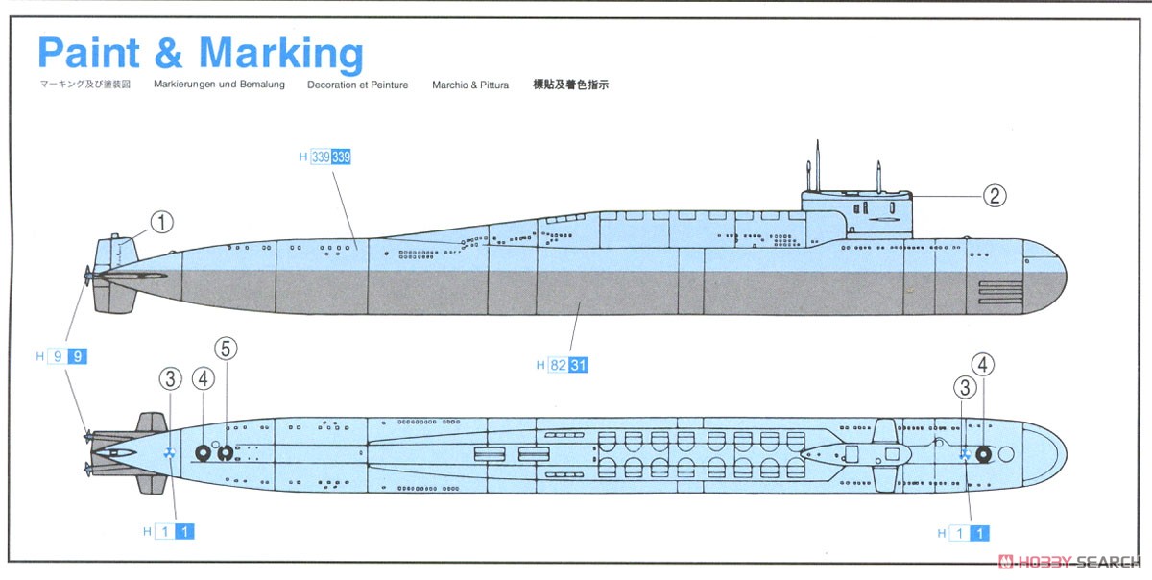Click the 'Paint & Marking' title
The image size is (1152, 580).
200,55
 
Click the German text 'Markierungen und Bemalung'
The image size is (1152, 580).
219,85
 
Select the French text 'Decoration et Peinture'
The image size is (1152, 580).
357,85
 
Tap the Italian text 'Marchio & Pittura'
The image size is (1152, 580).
470,85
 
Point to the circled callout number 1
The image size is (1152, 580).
161,223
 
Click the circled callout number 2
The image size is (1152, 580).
994,196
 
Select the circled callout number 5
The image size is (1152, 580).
228,348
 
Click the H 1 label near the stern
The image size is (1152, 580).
169,530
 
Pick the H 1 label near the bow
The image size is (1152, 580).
965,532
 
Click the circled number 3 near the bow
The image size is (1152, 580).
963,386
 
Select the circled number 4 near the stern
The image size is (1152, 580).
202,378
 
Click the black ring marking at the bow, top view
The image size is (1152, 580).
983,454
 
